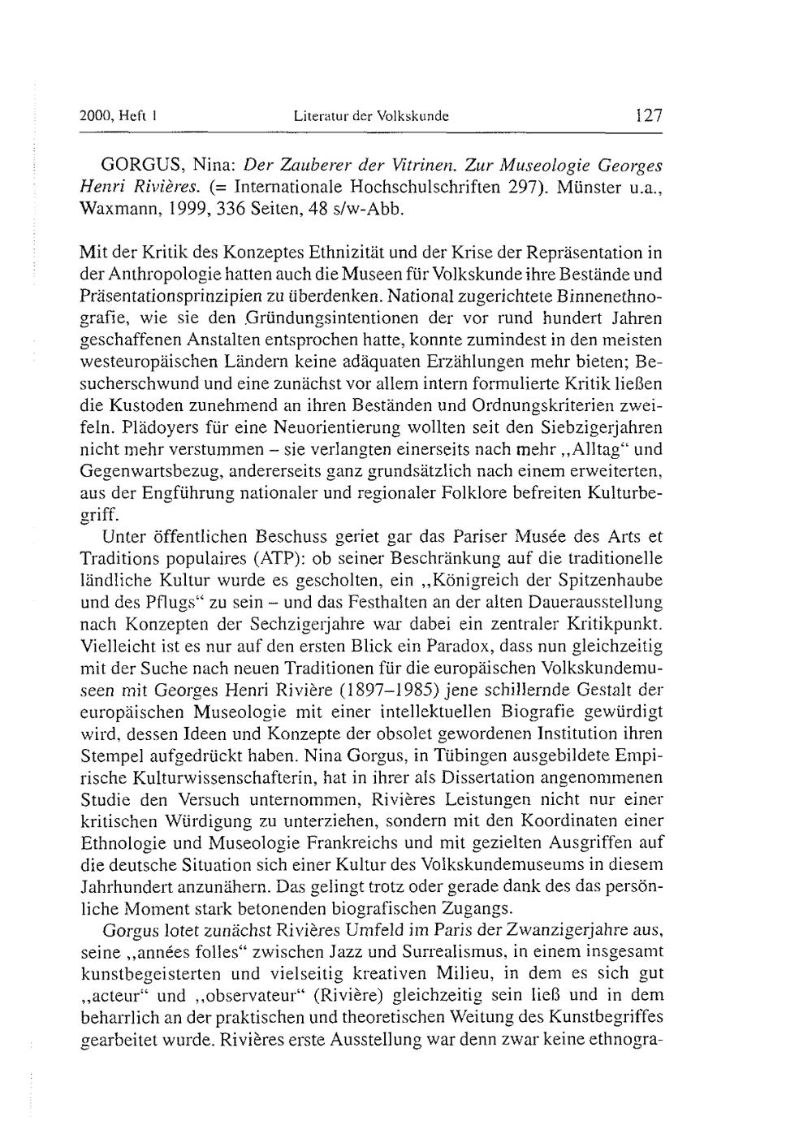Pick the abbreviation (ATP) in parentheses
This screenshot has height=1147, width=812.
(255, 559)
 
